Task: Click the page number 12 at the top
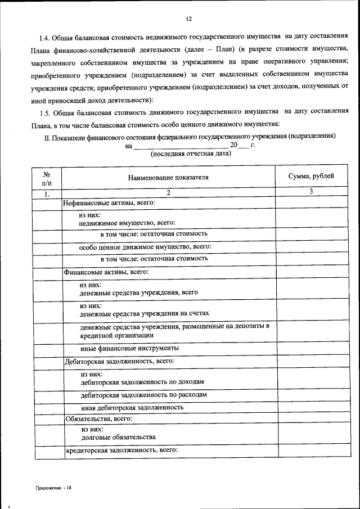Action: pyautogui.click(x=188, y=19)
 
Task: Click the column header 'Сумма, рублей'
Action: pyautogui.click(x=311, y=176)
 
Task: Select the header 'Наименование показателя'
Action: pyautogui.click(x=168, y=177)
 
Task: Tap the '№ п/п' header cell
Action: pyautogui.click(x=46, y=177)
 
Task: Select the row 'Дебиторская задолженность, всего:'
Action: pyautogui.click(x=119, y=361)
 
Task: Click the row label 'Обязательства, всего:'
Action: pyautogui.click(x=98, y=418)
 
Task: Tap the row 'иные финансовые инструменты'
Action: pyautogui.click(x=130, y=348)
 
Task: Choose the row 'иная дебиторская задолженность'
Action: pyautogui.click(x=132, y=407)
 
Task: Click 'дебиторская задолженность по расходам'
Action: pyautogui.click(x=144, y=395)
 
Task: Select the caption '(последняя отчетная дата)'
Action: pyautogui.click(x=191, y=154)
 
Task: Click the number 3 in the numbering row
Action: pyautogui.click(x=311, y=192)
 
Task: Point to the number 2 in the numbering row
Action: pyautogui.click(x=168, y=193)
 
